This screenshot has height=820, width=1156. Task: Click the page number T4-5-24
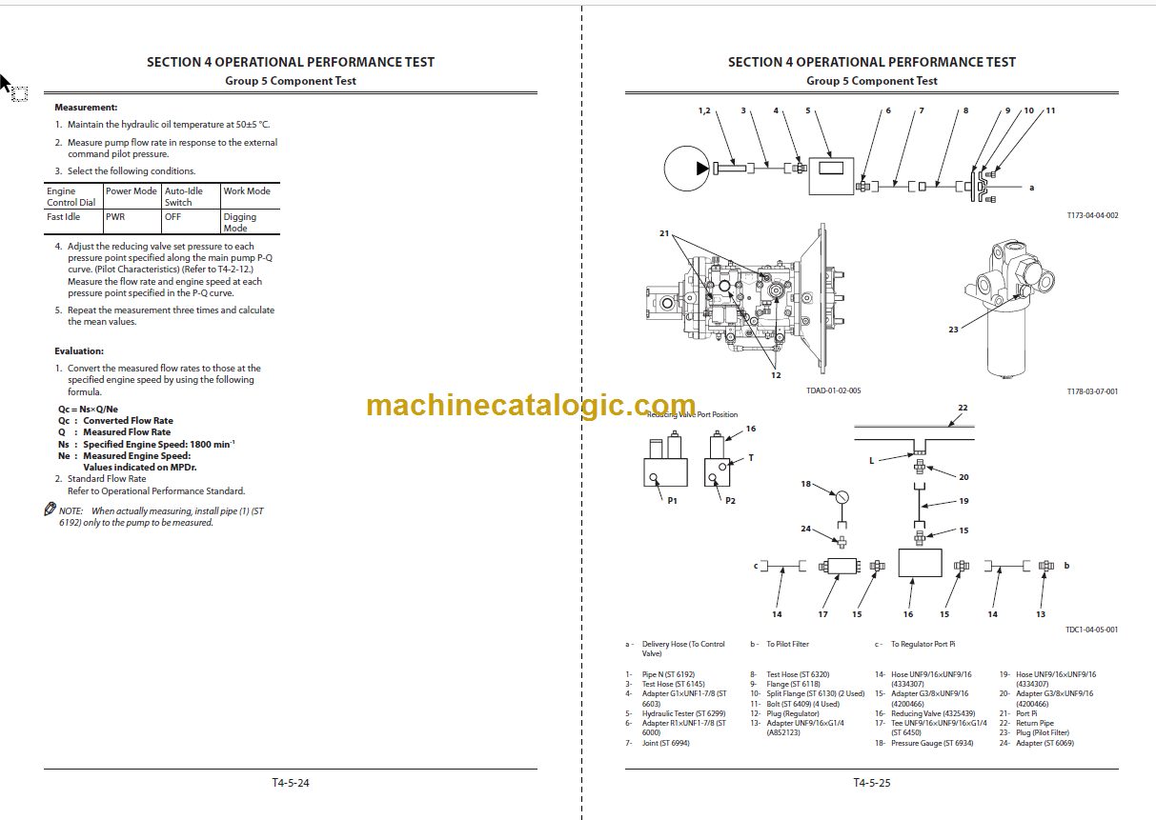pos(291,783)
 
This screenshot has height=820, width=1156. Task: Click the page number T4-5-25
pos(871,783)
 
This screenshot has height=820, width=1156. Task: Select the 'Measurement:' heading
pos(86,108)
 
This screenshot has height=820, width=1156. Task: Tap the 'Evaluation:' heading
pos(79,351)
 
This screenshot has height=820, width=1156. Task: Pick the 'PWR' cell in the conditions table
pos(115,217)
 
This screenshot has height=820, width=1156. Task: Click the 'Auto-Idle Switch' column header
pos(179,196)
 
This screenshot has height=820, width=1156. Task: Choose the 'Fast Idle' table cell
pos(64,217)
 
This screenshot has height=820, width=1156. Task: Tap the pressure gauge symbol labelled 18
pos(842,497)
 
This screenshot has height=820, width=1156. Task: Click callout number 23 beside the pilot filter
pos(953,330)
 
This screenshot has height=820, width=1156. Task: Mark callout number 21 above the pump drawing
pos(663,233)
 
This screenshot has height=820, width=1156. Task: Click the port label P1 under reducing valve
pos(672,500)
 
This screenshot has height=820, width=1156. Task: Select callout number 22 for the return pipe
pos(963,409)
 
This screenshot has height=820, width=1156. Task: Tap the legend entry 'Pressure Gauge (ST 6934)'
pos(932,743)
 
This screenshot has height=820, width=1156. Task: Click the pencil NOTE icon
pos(51,510)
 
